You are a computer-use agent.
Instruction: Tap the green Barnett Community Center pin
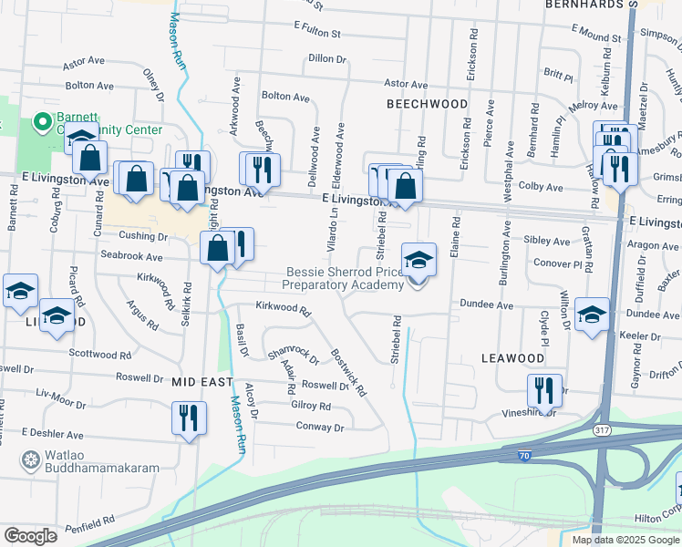(41, 121)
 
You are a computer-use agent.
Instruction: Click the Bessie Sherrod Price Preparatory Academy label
(343, 278)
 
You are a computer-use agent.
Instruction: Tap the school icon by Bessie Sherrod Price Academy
(418, 261)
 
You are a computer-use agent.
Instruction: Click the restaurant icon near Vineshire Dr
(544, 391)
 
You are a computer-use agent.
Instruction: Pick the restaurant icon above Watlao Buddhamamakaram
(188, 418)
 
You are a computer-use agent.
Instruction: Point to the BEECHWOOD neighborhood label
(427, 104)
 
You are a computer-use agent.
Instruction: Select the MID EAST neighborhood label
(201, 383)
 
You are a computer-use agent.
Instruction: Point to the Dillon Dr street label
(327, 58)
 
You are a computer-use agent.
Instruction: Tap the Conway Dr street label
(320, 427)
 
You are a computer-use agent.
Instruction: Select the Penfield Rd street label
(88, 521)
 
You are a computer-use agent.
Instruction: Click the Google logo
(29, 536)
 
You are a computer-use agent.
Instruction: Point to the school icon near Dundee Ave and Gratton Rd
(593, 316)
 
